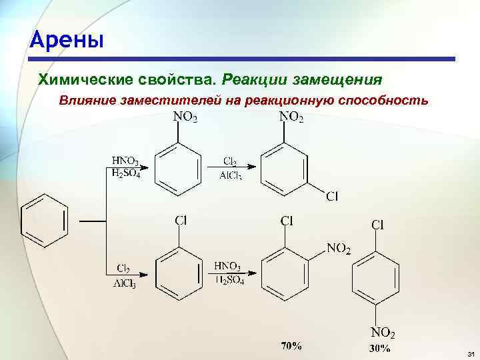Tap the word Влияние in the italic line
[x=87, y=101]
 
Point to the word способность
[x=383, y=101]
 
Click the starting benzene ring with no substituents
[x=45, y=219]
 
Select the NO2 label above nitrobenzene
[x=185, y=117]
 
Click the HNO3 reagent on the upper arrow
[x=125, y=161]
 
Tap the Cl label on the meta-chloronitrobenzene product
[x=332, y=195]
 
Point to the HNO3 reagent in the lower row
[x=228, y=266]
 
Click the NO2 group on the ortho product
[x=339, y=249]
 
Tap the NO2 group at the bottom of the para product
[x=383, y=333]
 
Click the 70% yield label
[x=291, y=346]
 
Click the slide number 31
[x=469, y=353]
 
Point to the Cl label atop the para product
[x=377, y=224]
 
